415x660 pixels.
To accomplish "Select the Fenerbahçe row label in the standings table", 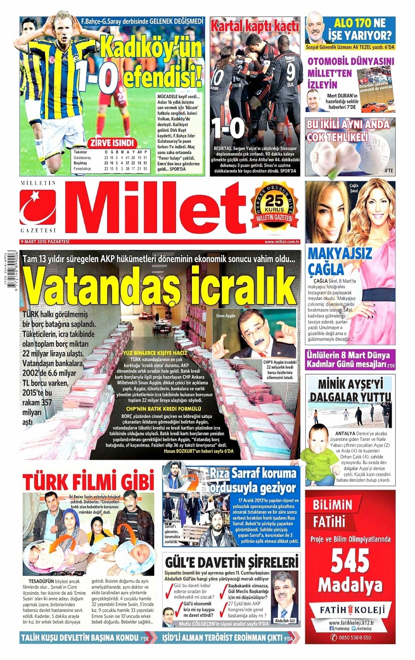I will (x=82, y=169).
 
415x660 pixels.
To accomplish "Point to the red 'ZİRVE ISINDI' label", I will (x=112, y=143).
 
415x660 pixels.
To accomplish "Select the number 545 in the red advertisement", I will (x=350, y=561).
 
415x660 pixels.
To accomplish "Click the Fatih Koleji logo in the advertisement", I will (x=350, y=610).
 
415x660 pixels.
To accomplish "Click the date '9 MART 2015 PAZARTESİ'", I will (x=45, y=242).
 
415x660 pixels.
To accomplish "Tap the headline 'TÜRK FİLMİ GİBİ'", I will (x=88, y=481).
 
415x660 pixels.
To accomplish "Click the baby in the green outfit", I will (x=319, y=454).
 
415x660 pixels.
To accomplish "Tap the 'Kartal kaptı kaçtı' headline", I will (x=255, y=26).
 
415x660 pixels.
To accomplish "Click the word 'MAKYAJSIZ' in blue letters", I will (x=340, y=253).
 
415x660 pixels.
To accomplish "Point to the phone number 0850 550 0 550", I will (x=354, y=637).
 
